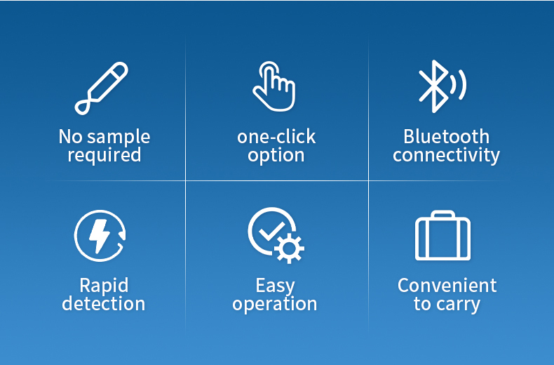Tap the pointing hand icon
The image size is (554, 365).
tap(274, 86)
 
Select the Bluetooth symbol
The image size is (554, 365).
tap(433, 86)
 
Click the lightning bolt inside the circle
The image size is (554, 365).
tap(100, 236)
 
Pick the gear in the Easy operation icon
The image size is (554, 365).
tap(289, 248)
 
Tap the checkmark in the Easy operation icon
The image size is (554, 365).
tap(271, 231)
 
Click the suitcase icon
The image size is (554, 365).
tap(442, 236)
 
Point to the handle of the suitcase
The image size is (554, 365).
tap(442, 214)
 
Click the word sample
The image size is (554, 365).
tap(119, 138)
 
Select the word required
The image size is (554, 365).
tap(104, 155)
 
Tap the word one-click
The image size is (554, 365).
tap(276, 136)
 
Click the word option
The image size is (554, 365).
tap(276, 156)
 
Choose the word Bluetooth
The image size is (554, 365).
tap(446, 136)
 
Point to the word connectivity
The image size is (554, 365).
tap(446, 156)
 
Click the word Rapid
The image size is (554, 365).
tap(104, 286)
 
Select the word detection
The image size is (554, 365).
tap(104, 303)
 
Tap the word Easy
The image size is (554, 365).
tap(275, 286)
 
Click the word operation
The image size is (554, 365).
tap(274, 304)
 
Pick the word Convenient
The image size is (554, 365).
tap(447, 286)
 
